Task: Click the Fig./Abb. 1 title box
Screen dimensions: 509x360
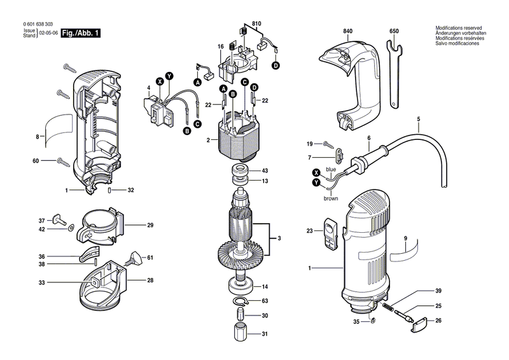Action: point(81,33)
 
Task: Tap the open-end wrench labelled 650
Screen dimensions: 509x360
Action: point(394,73)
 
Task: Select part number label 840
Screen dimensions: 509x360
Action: point(347,31)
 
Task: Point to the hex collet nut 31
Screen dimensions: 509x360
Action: point(241,333)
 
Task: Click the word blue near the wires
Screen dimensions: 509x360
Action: point(331,169)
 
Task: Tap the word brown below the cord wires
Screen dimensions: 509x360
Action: point(331,198)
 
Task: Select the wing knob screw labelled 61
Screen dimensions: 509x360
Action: point(136,258)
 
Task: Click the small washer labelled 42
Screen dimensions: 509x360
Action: point(71,229)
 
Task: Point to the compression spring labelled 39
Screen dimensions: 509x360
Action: point(387,306)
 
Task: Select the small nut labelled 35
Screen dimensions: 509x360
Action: point(373,321)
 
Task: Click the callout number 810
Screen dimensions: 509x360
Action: point(256,24)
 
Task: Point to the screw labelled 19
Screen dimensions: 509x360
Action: point(328,144)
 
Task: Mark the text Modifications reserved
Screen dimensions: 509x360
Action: point(458,28)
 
